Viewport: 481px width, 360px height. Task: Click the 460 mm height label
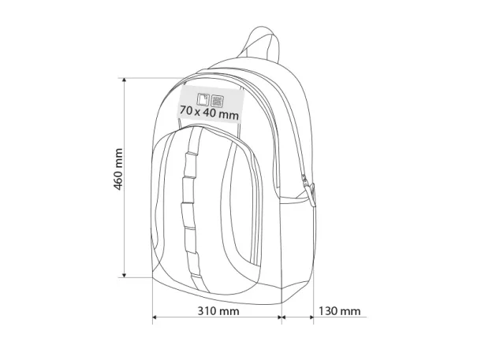pyautogui.click(x=118, y=169)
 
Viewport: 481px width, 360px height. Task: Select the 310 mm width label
pyautogui.click(x=218, y=310)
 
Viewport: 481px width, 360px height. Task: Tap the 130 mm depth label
pyautogui.click(x=339, y=310)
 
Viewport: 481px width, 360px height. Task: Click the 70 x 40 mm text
pyautogui.click(x=209, y=113)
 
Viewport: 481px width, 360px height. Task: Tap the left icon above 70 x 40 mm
pyautogui.click(x=204, y=99)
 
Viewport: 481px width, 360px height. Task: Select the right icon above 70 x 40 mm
pyautogui.click(x=218, y=99)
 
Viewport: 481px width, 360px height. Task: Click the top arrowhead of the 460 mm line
pyautogui.click(x=124, y=81)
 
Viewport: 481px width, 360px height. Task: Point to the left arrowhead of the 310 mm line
pyautogui.click(x=155, y=319)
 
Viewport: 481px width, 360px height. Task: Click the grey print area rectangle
pyautogui.click(x=207, y=106)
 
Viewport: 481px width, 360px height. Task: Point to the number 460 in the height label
pyautogui.click(x=118, y=179)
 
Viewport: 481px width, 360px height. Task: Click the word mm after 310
pyautogui.click(x=229, y=310)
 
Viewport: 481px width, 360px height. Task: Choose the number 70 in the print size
pyautogui.click(x=186, y=113)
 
